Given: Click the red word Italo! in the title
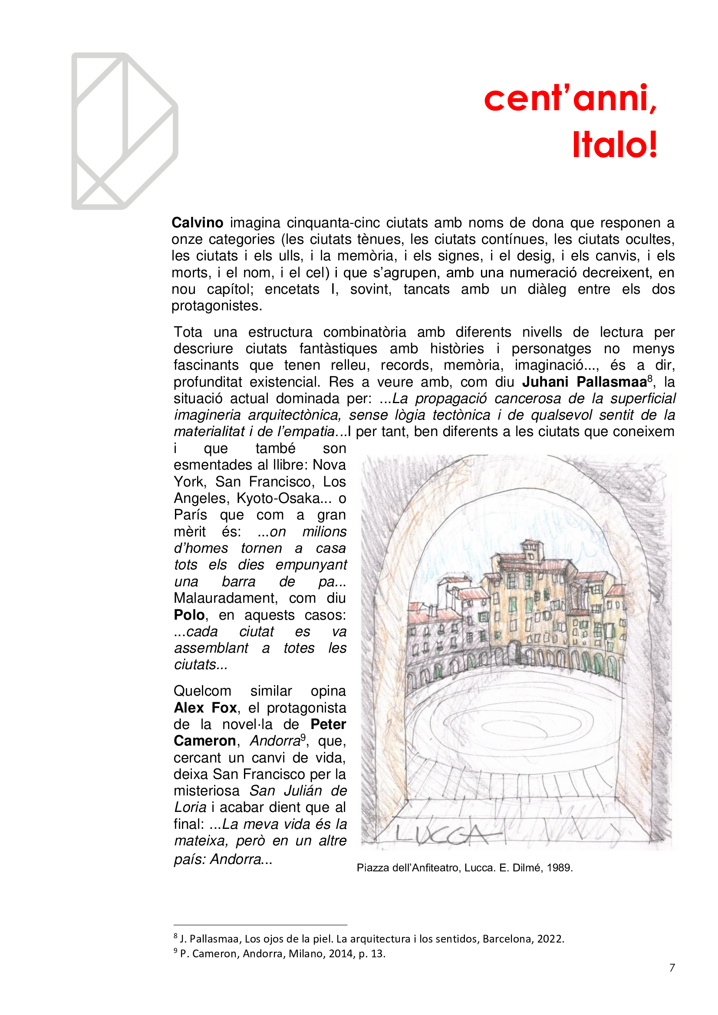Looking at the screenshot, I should [x=615, y=145].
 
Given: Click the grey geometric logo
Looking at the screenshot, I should [x=125, y=131].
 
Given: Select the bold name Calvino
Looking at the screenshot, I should [x=197, y=222].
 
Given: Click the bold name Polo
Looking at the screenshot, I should [x=189, y=615].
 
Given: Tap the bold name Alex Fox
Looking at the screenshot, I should [x=206, y=708].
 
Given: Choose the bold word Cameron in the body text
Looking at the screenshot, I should [x=205, y=741].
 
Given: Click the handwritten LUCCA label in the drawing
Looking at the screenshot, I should [x=442, y=834].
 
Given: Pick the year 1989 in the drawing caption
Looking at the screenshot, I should [x=560, y=868].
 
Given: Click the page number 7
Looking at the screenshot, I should [x=672, y=968].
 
